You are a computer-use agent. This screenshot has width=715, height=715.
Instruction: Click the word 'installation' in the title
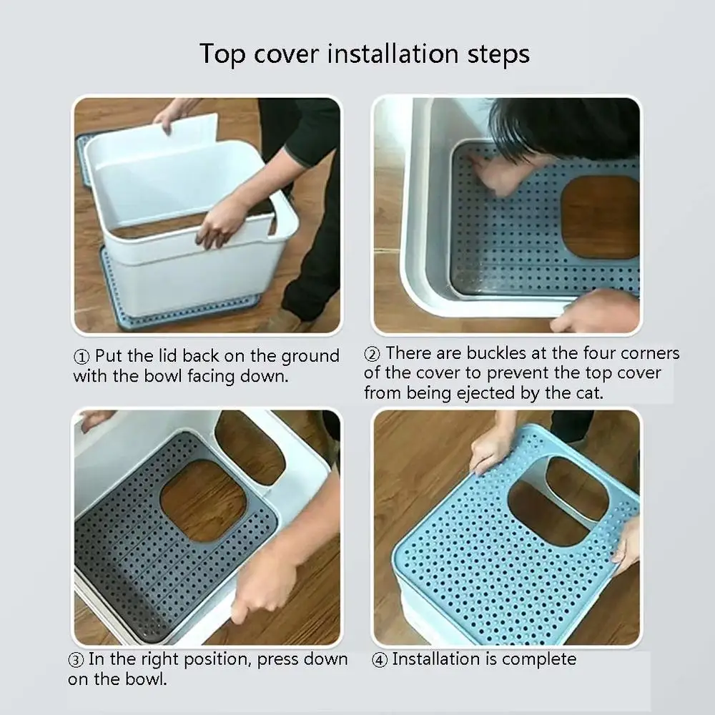(x=393, y=54)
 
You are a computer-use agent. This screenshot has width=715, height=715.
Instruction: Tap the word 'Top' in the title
(x=222, y=55)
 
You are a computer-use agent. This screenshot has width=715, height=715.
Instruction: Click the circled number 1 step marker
(x=82, y=357)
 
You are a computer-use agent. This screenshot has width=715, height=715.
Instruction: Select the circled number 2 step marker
(x=372, y=354)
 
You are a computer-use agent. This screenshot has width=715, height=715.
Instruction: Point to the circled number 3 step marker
(x=76, y=660)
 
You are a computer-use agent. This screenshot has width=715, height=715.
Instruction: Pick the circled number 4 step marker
(x=380, y=660)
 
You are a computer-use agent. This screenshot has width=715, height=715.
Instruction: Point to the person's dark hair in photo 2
(x=566, y=128)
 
